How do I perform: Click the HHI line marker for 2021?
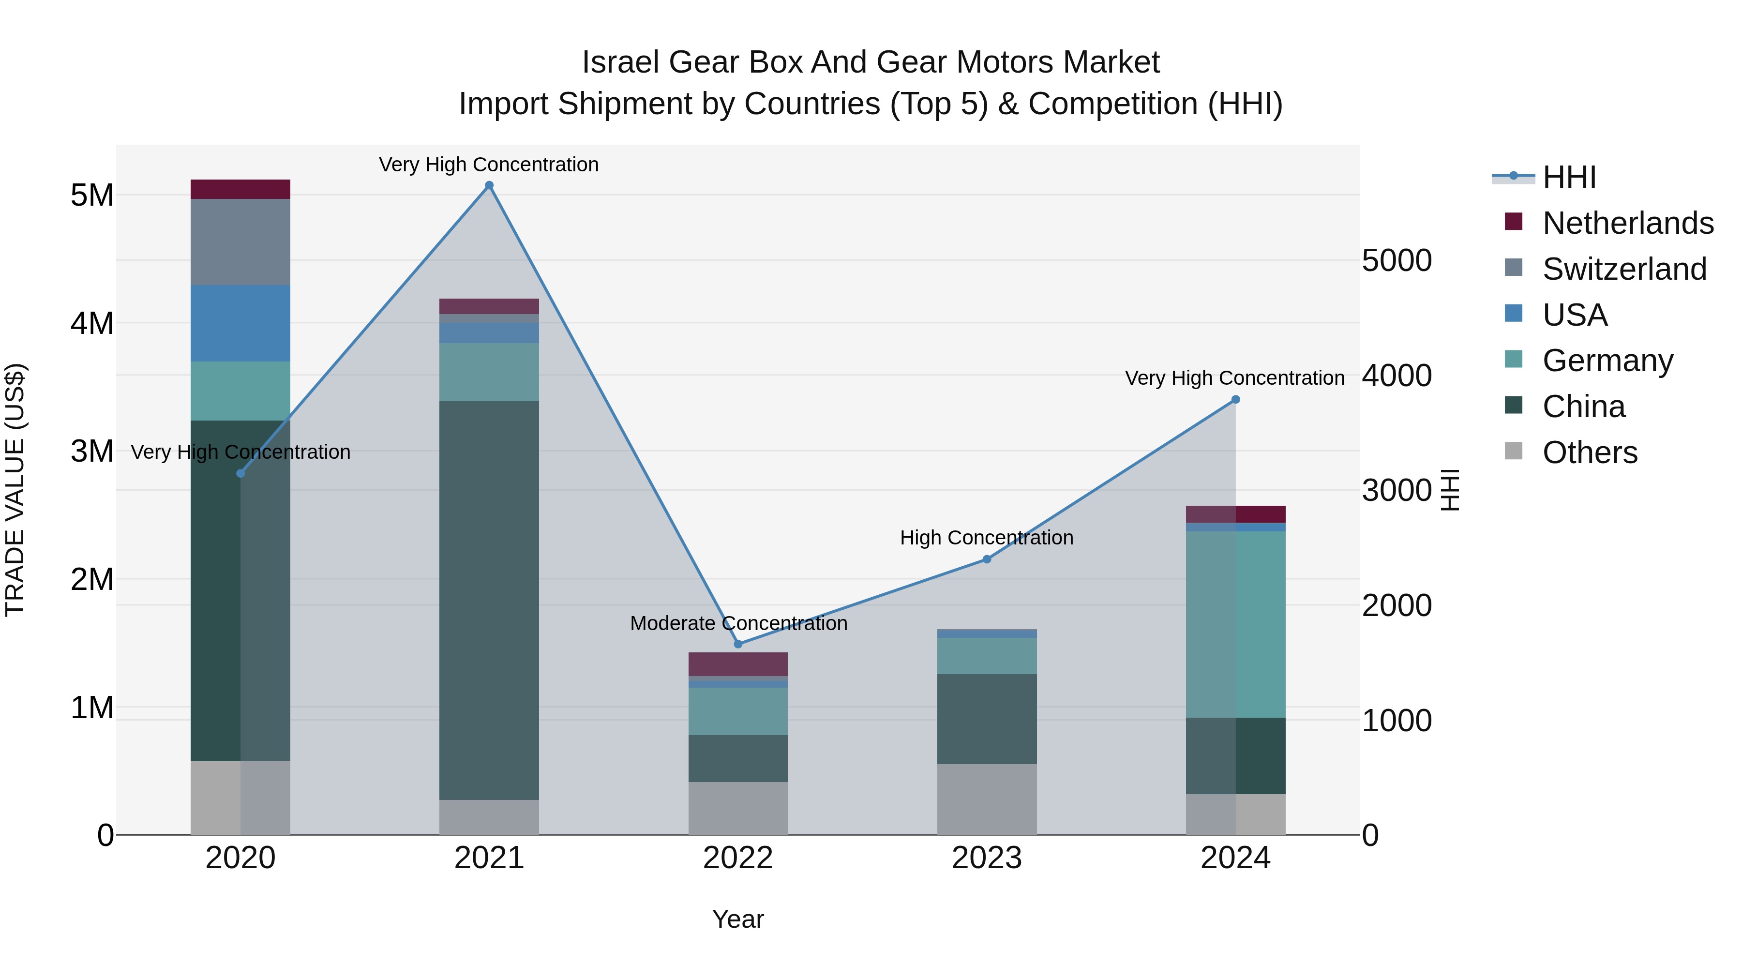tap(489, 185)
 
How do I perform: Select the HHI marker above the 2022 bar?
tap(738, 644)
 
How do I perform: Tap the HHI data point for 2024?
tap(1235, 400)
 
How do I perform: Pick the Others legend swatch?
tap(1514, 451)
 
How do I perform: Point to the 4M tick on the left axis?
tap(92, 323)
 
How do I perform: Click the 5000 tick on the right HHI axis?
tap(1397, 260)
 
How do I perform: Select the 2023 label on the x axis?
tap(987, 858)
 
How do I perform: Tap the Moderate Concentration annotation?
tap(738, 623)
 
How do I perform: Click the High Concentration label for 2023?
tap(987, 538)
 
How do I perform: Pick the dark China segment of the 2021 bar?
tap(489, 601)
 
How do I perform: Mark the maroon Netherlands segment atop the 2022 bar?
tap(738, 664)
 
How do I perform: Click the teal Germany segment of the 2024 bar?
tap(1235, 624)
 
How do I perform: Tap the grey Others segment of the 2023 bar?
tap(987, 799)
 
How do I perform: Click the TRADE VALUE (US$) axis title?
tap(15, 490)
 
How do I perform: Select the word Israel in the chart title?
tap(621, 62)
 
